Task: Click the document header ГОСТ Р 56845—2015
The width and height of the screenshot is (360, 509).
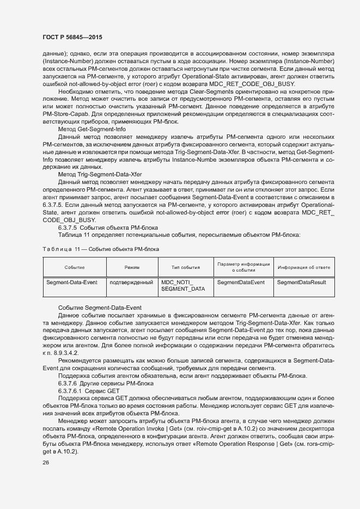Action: pos(72,37)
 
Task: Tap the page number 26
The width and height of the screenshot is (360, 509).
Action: pos(46,463)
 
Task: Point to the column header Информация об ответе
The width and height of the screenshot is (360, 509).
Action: pos(303,267)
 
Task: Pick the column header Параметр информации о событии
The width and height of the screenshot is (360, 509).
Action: pos(243,267)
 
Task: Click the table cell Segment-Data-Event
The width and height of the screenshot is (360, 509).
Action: pos(68,283)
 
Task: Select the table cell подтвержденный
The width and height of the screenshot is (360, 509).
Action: pos(131,283)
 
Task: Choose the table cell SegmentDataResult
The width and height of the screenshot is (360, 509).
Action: pos(302,283)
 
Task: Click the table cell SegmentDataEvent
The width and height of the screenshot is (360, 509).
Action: pos(241,283)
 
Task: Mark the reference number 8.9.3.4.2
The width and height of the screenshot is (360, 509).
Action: pos(64,353)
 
